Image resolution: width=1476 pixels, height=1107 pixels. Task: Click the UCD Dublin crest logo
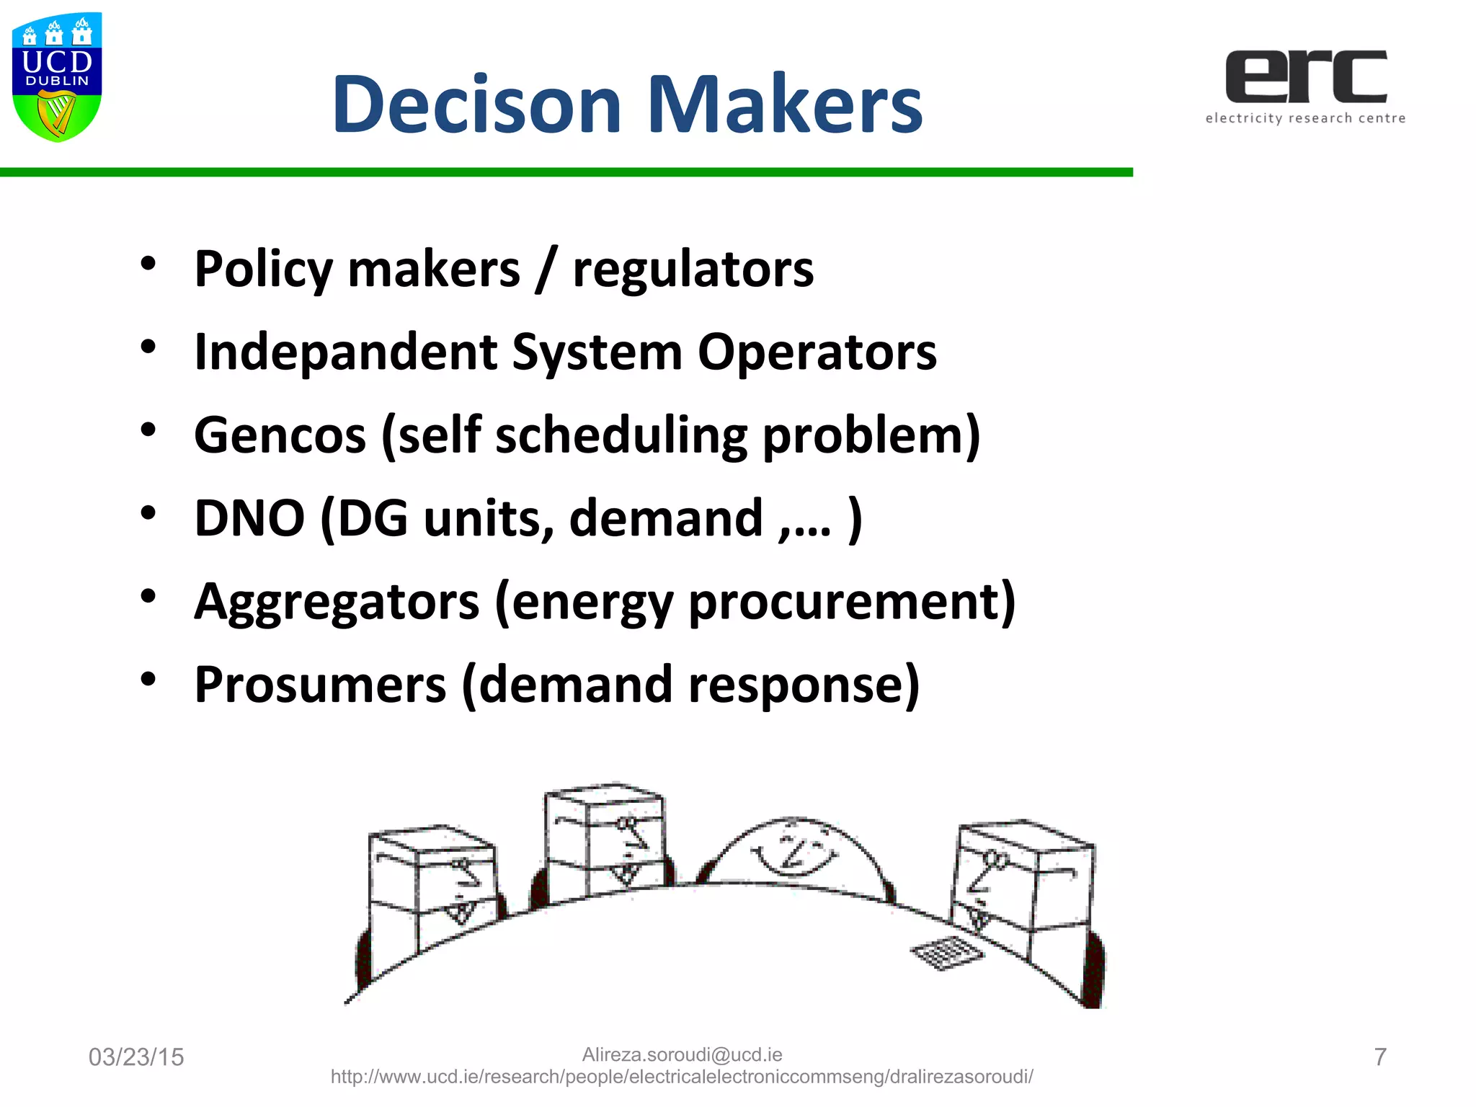pyautogui.click(x=57, y=76)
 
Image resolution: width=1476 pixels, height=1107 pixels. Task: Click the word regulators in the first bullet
pyautogui.click(x=693, y=270)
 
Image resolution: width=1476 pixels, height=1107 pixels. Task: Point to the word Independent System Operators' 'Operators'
pyautogui.click(x=817, y=352)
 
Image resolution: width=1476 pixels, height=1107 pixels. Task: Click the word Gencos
pyautogui.click(x=280, y=435)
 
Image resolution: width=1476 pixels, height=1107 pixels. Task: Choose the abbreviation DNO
pyautogui.click(x=249, y=518)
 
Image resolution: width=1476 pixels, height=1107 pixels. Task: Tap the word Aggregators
pyautogui.click(x=337, y=602)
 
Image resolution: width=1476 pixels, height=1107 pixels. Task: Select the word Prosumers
pyautogui.click(x=320, y=685)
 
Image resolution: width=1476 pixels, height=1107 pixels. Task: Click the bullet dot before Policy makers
pyautogui.click(x=148, y=264)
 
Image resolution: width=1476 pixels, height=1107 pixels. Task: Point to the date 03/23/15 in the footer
pyautogui.click(x=136, y=1057)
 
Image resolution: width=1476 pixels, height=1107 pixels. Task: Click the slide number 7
pyautogui.click(x=1380, y=1057)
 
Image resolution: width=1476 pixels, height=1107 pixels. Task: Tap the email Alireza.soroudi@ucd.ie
pyautogui.click(x=682, y=1054)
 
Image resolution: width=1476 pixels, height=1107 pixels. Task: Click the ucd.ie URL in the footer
pyautogui.click(x=682, y=1077)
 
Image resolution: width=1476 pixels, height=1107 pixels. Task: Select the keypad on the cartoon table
pyautogui.click(x=947, y=953)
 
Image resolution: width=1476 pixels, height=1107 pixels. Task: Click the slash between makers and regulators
pyautogui.click(x=546, y=270)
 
